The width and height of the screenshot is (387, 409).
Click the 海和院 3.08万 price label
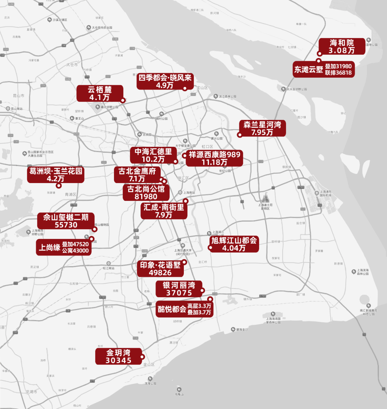tap(342, 47)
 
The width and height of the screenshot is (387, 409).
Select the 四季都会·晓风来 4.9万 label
tap(165, 81)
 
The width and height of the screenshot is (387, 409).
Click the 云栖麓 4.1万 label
tap(99, 93)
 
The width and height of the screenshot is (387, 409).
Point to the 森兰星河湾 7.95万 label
tap(262, 128)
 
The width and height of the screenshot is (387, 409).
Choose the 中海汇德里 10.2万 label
tap(153, 155)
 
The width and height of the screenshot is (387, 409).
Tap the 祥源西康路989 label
tap(214, 158)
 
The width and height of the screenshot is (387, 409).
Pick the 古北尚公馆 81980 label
tap(146, 193)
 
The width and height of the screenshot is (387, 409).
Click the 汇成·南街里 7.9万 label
tap(163, 211)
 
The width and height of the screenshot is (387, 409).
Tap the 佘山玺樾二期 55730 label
tap(66, 221)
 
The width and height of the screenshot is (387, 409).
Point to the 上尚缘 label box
tap(64, 247)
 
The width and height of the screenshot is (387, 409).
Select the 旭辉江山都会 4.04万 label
tap(234, 244)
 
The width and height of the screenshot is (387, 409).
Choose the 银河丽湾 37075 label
tap(179, 289)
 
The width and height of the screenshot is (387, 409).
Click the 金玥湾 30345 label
tap(118, 356)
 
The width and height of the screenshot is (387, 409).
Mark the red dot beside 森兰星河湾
tap(239, 135)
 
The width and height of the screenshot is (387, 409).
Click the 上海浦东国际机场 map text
tap(325, 194)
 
